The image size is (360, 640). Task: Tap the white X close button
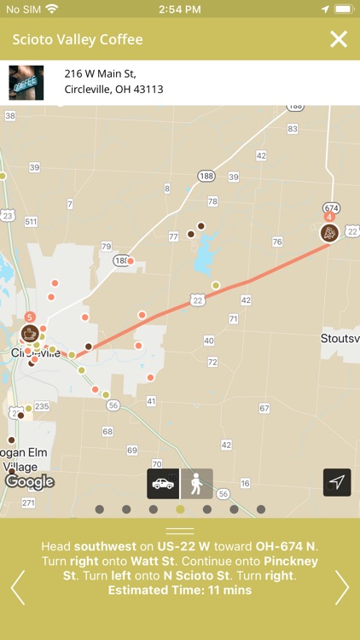[x=339, y=39]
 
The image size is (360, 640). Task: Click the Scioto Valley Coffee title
[x=78, y=40]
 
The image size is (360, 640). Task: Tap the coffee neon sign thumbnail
[x=26, y=83]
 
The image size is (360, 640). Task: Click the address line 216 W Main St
[x=100, y=73]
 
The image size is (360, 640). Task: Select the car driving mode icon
[x=163, y=483]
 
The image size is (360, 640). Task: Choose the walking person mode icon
[x=197, y=483]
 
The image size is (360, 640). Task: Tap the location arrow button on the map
[x=337, y=482]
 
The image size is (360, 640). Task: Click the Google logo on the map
[x=29, y=482]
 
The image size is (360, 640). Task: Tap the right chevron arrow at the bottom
[x=342, y=586]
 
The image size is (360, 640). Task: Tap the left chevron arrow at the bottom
[x=17, y=586]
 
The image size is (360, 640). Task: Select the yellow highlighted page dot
[x=180, y=509]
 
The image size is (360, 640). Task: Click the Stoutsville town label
[x=340, y=338]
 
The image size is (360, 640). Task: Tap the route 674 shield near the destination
[x=332, y=208]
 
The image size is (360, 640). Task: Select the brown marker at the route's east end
[x=329, y=232]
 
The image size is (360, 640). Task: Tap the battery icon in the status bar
[x=342, y=9]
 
